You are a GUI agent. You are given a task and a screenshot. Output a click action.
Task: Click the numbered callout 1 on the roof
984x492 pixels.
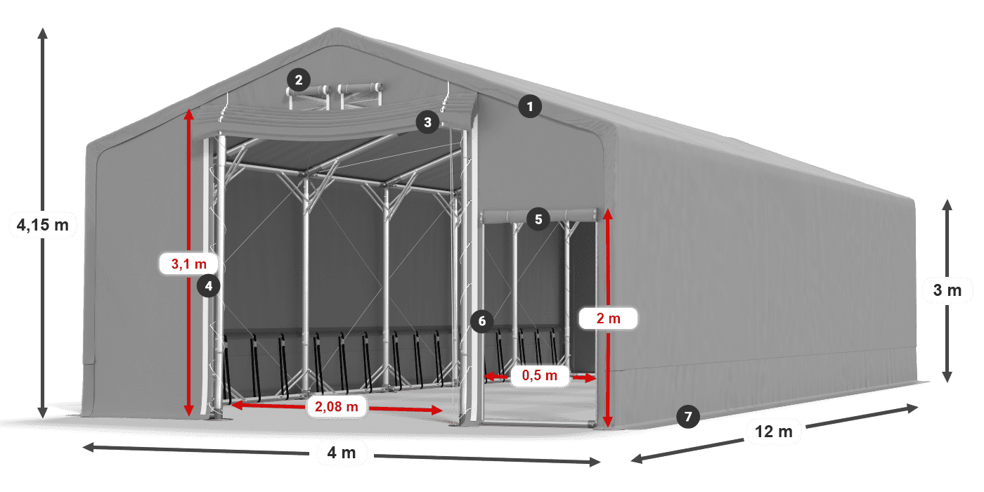pyautogui.click(x=530, y=106)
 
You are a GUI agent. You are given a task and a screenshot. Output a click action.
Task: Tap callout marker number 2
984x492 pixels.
pyautogui.click(x=299, y=80)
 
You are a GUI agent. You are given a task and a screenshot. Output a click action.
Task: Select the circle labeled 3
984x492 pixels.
pyautogui.click(x=428, y=122)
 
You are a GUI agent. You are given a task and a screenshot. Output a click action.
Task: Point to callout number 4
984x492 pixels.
pyautogui.click(x=208, y=286)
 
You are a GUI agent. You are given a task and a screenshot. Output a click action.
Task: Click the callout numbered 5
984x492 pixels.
pyautogui.click(x=538, y=219)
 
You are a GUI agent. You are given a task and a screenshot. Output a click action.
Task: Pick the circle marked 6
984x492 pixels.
pyautogui.click(x=482, y=321)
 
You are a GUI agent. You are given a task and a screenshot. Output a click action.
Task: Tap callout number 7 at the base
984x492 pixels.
pyautogui.click(x=688, y=416)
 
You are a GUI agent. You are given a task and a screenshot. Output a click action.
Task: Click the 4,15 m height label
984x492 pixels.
pyautogui.click(x=43, y=225)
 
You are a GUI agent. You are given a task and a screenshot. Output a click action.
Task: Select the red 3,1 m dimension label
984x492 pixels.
pyautogui.click(x=189, y=264)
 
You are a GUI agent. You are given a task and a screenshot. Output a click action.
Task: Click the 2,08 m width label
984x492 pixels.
pyautogui.click(x=337, y=406)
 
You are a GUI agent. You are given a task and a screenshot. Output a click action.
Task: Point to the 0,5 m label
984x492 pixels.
pyautogui.click(x=540, y=375)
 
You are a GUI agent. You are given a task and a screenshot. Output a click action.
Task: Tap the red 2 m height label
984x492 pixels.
pyautogui.click(x=609, y=318)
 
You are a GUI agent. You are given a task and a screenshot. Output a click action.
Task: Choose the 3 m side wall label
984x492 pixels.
pyautogui.click(x=947, y=290)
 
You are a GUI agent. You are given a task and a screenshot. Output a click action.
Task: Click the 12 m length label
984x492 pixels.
pyautogui.click(x=774, y=432)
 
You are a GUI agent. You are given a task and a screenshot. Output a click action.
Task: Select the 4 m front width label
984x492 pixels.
pyautogui.click(x=342, y=453)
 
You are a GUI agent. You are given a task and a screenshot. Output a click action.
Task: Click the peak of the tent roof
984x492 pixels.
pyautogui.click(x=337, y=29)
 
